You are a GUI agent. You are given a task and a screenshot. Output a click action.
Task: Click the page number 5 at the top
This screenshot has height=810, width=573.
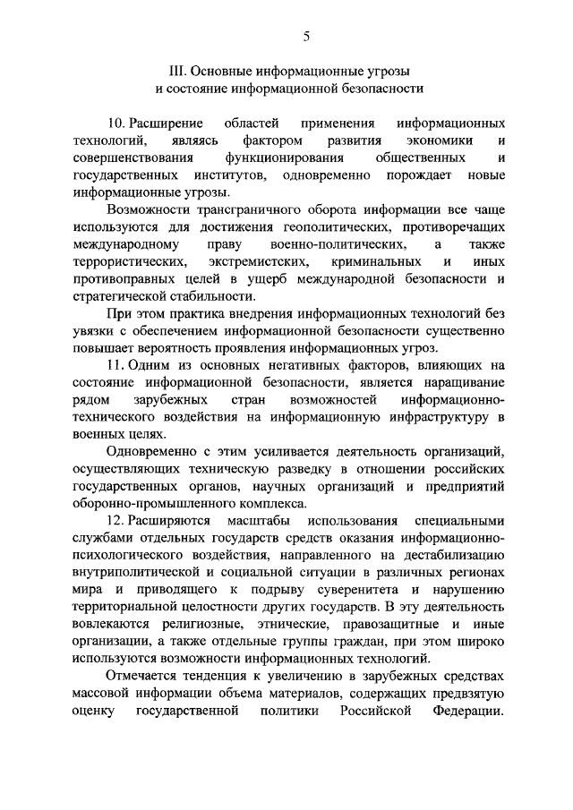coord(306,37)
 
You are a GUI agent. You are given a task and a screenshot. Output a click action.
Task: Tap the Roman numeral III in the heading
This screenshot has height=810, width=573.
coord(176,71)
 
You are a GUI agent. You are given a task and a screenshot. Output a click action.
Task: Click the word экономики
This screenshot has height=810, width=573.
coord(439,141)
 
